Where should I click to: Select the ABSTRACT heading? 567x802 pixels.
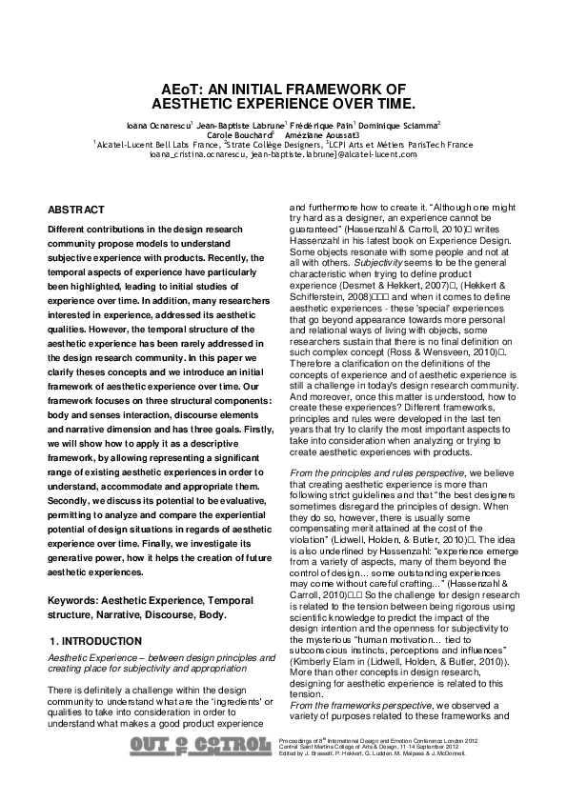point(76,209)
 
